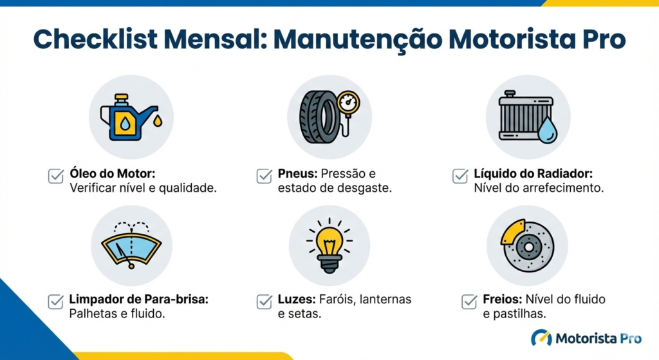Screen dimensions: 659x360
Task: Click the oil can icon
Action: pos(128,117)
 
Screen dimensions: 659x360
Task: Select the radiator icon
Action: pos(527,117)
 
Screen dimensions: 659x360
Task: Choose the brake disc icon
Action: pos(527,245)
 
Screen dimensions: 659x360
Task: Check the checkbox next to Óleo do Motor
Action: pos(56,176)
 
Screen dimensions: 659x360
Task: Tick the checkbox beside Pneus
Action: pos(265,176)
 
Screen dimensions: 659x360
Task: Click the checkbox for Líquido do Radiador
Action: pos(460,176)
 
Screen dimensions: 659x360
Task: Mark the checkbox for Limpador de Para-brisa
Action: pos(56,302)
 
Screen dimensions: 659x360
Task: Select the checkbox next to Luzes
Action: pos(265,302)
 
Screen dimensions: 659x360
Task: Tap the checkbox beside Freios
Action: pos(469,302)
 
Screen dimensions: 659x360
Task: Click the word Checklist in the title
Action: pos(95,39)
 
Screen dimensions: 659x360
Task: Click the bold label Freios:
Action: pos(502,299)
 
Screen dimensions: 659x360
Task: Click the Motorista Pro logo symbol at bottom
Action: pos(541,337)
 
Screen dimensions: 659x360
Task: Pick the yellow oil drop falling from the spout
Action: pos(158,120)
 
